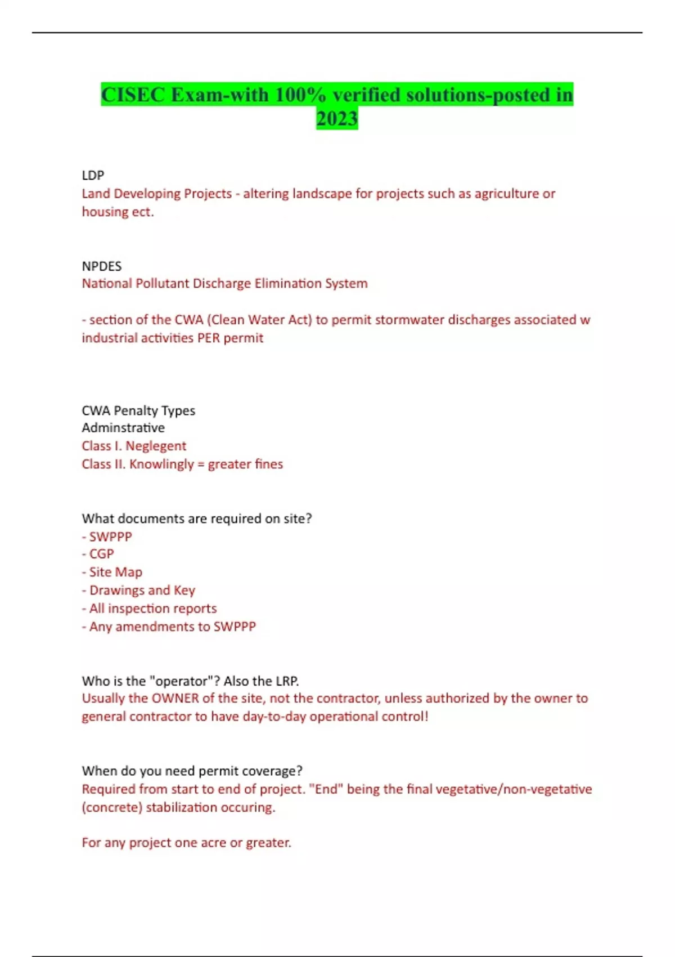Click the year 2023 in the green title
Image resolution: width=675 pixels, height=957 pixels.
click(337, 119)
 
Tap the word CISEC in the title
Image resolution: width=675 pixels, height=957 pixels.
click(133, 95)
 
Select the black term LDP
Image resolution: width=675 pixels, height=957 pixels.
click(93, 175)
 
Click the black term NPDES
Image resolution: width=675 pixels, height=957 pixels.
click(102, 266)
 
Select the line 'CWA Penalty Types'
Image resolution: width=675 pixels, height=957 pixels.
click(138, 410)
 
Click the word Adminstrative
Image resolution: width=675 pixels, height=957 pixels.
click(123, 428)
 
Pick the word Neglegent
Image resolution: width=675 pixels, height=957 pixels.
click(156, 446)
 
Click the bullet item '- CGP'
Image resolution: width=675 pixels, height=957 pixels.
click(98, 554)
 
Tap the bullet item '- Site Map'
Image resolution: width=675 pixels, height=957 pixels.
click(112, 572)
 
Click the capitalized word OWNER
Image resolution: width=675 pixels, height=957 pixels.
click(175, 698)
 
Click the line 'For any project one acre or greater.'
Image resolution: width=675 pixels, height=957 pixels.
click(186, 843)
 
